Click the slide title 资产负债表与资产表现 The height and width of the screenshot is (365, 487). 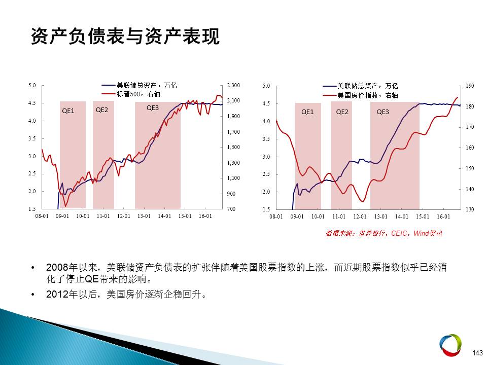(x=125, y=36)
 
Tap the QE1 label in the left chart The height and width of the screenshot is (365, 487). (x=68, y=111)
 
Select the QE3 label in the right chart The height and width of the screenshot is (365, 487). (x=382, y=112)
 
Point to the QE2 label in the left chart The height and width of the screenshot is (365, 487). (x=102, y=110)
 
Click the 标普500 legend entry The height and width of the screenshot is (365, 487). (x=131, y=94)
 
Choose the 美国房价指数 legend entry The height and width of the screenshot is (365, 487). (x=360, y=95)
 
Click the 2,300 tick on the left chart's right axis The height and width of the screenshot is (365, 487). (x=233, y=85)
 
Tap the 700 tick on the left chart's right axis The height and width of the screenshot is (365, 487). (x=231, y=209)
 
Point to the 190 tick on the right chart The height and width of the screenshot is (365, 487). (x=470, y=86)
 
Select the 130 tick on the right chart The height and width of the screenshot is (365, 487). (x=470, y=209)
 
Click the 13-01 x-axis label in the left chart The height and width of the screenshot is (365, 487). (x=144, y=216)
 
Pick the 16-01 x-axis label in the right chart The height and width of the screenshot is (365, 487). (x=443, y=216)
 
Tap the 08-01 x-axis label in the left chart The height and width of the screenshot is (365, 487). (x=42, y=216)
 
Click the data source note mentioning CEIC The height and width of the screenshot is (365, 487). (x=384, y=233)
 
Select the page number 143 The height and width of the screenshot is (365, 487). (x=477, y=353)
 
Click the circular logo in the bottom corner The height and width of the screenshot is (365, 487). (x=450, y=345)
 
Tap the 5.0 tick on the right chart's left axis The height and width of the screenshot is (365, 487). (x=266, y=86)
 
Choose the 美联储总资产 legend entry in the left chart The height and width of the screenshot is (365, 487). (x=139, y=85)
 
